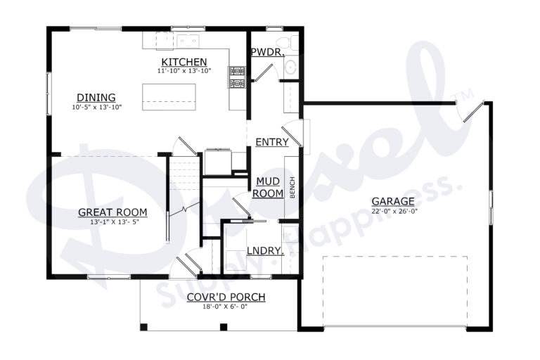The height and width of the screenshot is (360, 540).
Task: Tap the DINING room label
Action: point(96,98)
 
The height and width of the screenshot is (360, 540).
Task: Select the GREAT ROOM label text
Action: point(112,212)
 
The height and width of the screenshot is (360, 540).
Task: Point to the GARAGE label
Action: point(392,201)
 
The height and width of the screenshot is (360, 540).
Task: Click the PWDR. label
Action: point(266,51)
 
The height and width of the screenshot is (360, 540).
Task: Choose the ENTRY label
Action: point(271,142)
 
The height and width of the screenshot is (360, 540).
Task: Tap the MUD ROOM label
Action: point(268,187)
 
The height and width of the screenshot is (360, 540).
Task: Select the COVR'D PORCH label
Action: point(226,297)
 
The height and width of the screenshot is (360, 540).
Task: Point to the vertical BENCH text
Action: point(292,187)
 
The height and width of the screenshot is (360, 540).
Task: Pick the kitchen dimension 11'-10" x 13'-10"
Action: point(184,71)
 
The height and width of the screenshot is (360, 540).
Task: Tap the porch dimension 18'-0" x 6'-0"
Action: point(226,307)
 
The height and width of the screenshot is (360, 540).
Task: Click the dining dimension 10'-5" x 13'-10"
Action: point(97,107)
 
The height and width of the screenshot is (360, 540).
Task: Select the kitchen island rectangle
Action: point(169,97)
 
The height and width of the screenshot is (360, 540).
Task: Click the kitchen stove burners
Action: point(237,77)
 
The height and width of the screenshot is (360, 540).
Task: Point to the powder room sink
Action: point(290,67)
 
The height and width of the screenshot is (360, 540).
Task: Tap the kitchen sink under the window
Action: point(187,39)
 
